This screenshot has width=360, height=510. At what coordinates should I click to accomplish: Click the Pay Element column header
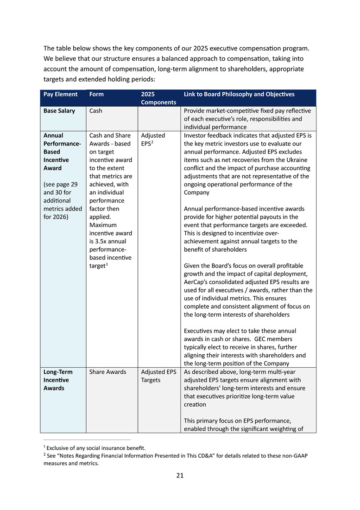point(61,94)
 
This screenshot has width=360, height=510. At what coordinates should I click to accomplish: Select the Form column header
point(96,94)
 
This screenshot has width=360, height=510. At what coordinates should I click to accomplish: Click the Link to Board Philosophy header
point(239,94)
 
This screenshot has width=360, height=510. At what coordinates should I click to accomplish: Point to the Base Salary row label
point(59,111)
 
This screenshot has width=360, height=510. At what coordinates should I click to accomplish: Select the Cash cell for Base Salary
point(95,111)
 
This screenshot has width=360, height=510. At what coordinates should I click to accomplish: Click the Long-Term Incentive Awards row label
point(56,380)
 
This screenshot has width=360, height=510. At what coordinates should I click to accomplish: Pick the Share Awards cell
point(107,372)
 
